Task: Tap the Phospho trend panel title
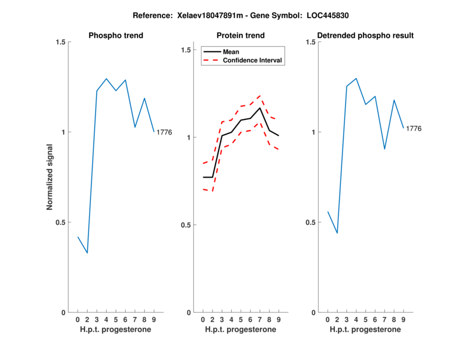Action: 115,36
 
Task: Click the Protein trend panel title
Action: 241,36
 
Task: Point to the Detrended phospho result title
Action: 365,36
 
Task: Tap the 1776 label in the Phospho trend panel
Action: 164,132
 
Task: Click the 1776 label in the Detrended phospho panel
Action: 414,128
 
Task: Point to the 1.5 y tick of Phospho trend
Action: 59,42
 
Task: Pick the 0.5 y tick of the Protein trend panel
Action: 185,225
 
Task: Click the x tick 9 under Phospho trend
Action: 154,319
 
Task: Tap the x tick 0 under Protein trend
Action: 203,319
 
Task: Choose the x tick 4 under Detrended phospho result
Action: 356,319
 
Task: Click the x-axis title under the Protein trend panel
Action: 241,329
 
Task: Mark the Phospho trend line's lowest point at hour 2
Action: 87,253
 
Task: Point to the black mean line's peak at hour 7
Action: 260,108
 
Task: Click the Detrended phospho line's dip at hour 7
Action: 384,149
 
